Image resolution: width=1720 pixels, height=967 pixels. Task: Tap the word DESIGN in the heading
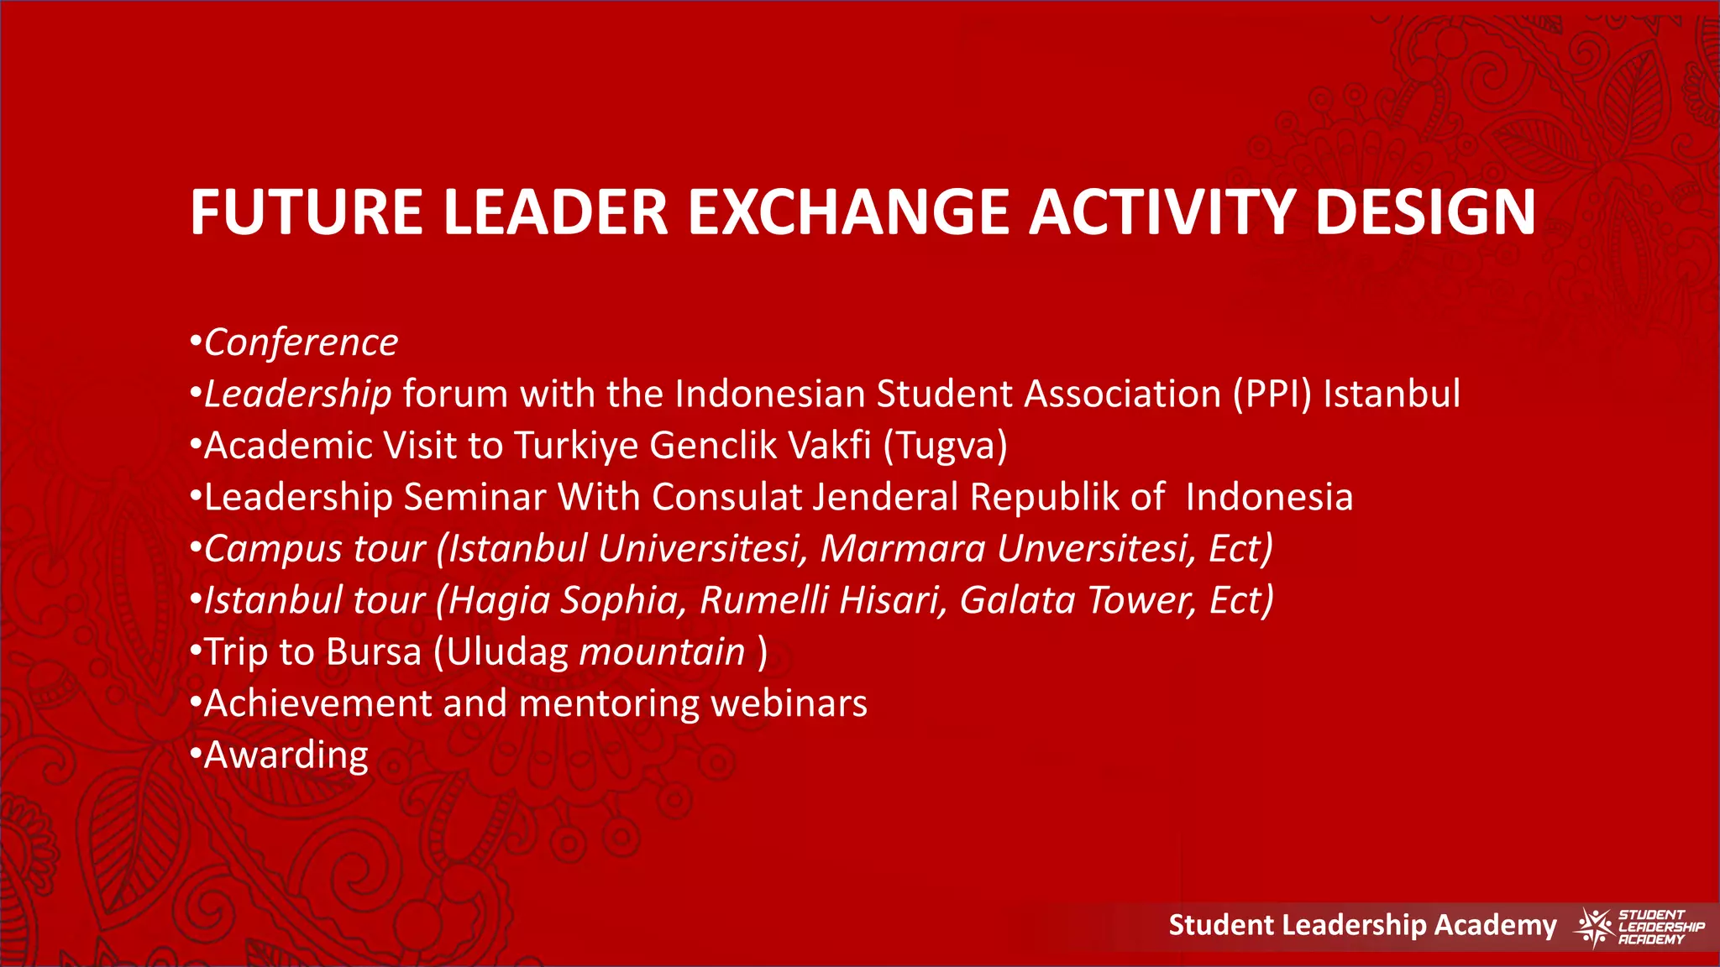(1425, 212)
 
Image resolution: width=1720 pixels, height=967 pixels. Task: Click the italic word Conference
(301, 342)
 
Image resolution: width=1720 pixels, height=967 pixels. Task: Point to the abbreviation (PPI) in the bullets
(1272, 395)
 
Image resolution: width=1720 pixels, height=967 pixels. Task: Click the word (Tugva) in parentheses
(945, 446)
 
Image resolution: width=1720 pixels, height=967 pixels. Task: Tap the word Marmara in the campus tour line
(902, 549)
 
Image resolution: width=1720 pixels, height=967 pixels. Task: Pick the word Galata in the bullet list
(1017, 600)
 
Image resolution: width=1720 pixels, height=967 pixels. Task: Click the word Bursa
(374, 652)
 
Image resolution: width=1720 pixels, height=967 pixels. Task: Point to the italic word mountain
(662, 652)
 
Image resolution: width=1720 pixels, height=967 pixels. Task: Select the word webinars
(789, 703)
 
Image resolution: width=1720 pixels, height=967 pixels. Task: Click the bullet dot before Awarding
(195, 755)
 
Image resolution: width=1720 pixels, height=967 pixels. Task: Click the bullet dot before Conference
(195, 342)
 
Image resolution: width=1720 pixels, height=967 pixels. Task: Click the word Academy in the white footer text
(1495, 925)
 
